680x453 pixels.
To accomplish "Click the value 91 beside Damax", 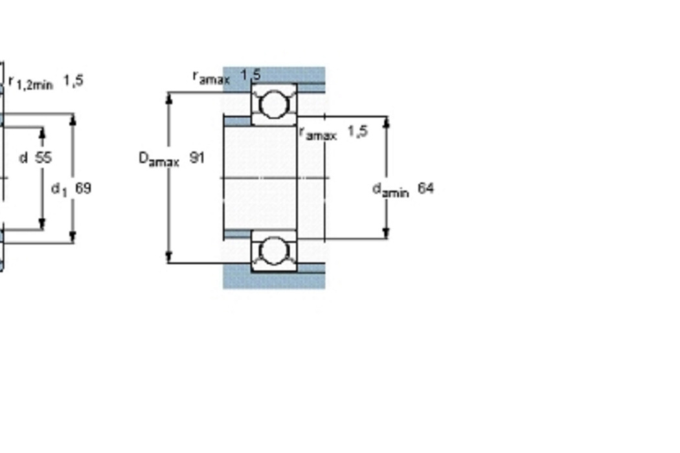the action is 198,157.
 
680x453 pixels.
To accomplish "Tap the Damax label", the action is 159,159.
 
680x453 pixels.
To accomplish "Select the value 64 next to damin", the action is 426,188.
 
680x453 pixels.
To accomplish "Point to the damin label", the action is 391,190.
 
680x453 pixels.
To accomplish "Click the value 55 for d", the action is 43,157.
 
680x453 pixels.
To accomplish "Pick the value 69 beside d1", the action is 84,188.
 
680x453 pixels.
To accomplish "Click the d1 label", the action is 60,190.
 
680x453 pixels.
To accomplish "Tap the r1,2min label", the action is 31,82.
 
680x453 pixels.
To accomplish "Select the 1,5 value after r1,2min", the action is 73,80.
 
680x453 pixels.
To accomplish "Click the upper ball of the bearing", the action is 275,104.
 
